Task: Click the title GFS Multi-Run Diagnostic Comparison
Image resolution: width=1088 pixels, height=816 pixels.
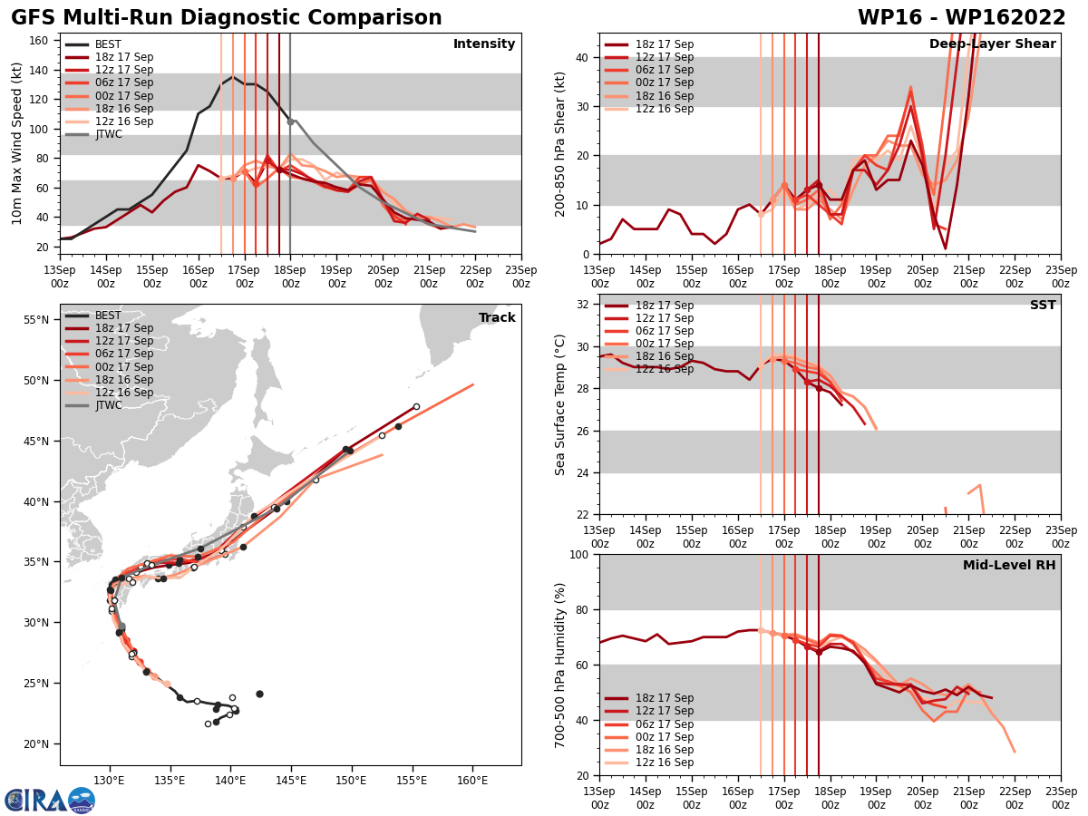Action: click(x=227, y=18)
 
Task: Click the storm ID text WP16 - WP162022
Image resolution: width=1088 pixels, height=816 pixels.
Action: click(x=961, y=18)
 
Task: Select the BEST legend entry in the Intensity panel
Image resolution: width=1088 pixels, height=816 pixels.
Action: click(x=108, y=44)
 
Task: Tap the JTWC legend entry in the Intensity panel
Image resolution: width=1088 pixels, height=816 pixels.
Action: click(x=108, y=134)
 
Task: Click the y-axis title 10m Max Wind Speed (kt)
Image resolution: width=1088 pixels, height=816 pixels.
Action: click(x=17, y=143)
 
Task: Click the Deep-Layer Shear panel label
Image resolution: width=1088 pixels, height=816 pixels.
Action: click(x=992, y=44)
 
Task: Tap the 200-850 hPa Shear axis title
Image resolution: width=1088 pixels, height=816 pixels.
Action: click(x=560, y=143)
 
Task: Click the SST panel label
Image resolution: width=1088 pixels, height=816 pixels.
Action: click(x=1043, y=306)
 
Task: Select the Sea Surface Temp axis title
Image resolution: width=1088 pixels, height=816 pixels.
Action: click(x=560, y=404)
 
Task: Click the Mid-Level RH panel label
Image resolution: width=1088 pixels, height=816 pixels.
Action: click(x=1009, y=566)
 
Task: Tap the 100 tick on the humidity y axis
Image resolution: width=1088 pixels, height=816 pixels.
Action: click(x=581, y=554)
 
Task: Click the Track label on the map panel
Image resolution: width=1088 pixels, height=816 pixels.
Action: click(x=497, y=318)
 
